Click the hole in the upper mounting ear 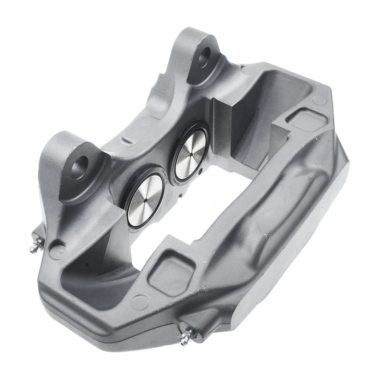click(204, 59)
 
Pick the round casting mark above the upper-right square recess click(320, 100)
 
